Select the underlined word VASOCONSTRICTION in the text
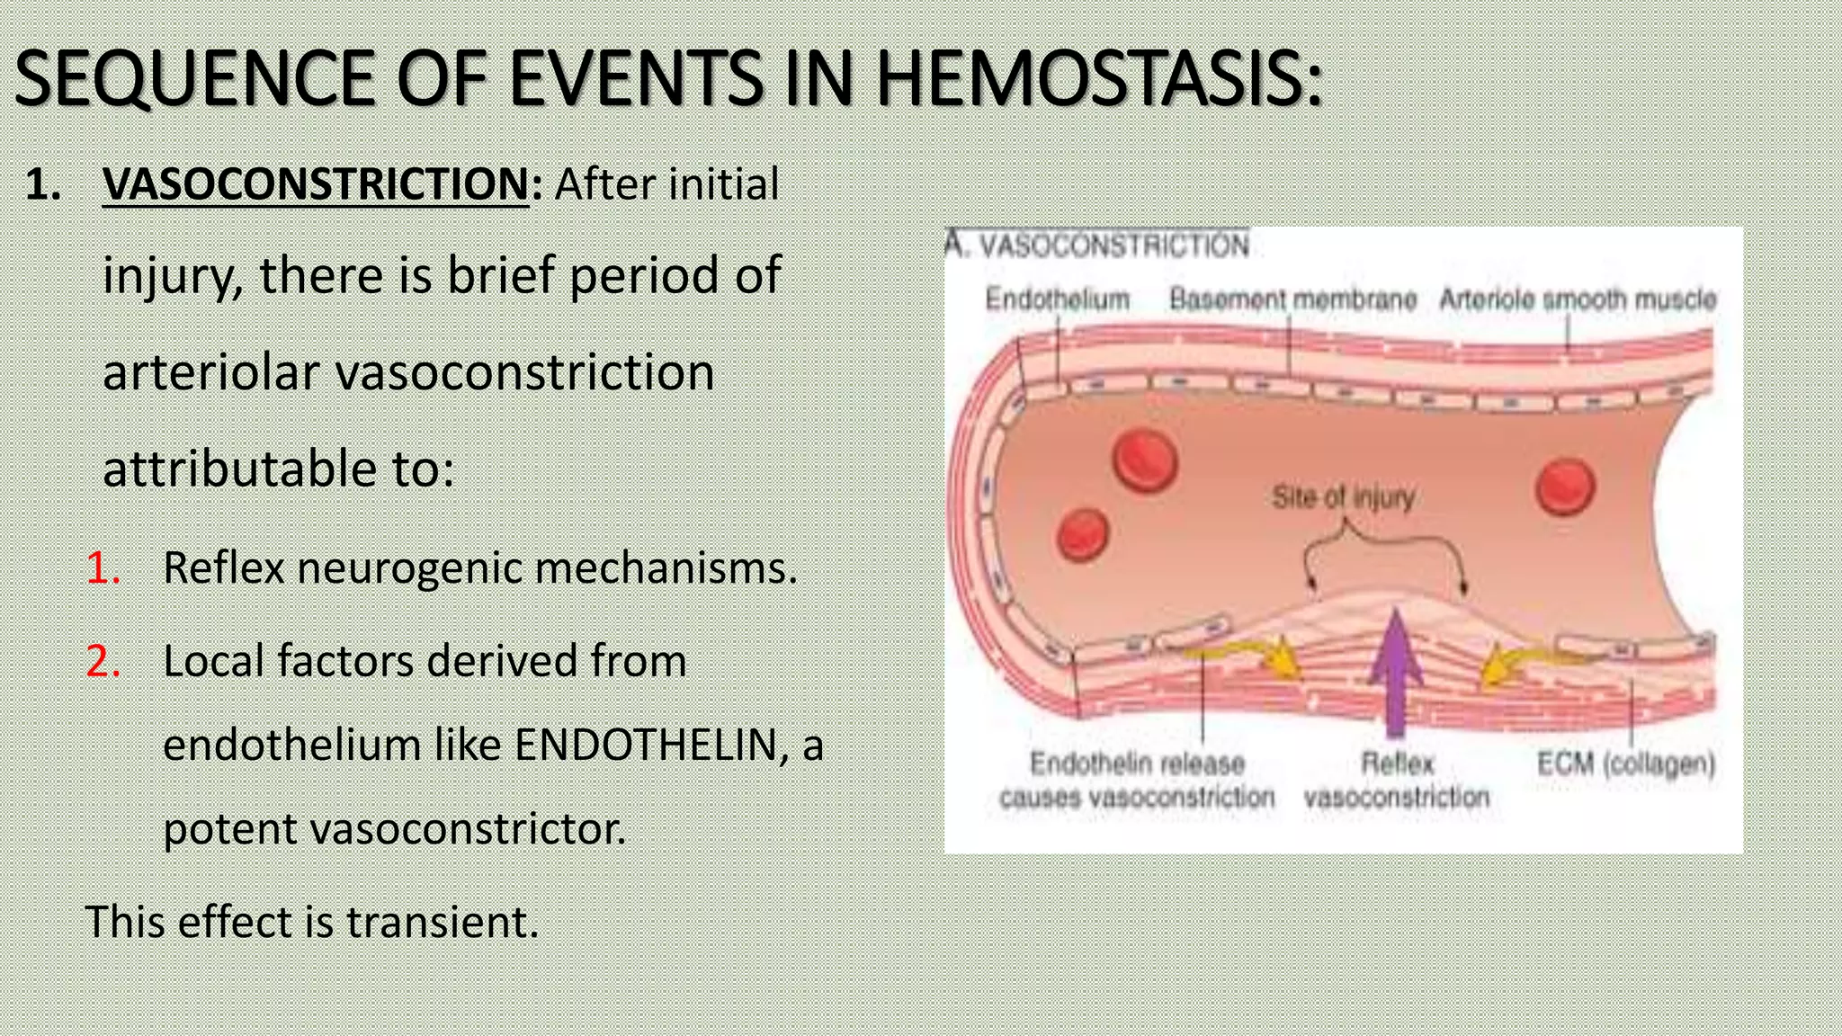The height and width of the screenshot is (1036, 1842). (x=316, y=184)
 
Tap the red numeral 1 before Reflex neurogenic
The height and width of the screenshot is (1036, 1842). (x=103, y=568)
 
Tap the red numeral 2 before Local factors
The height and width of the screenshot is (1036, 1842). (x=103, y=661)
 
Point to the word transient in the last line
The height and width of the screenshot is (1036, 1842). (x=442, y=922)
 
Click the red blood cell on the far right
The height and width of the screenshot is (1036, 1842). (x=1566, y=487)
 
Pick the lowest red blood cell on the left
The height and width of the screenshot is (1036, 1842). (x=1083, y=534)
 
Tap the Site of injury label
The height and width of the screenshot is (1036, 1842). (x=1343, y=496)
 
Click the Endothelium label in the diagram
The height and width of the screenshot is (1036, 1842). (x=1057, y=299)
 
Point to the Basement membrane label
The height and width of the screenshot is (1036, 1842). (x=1292, y=299)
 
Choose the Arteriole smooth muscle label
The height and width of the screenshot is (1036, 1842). (x=1578, y=299)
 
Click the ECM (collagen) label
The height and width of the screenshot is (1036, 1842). (x=1625, y=764)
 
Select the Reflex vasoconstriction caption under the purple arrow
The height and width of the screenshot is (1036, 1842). (x=1397, y=780)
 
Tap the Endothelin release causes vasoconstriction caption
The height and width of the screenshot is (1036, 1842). (x=1137, y=780)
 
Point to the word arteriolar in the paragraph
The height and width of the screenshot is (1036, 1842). (x=210, y=372)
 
